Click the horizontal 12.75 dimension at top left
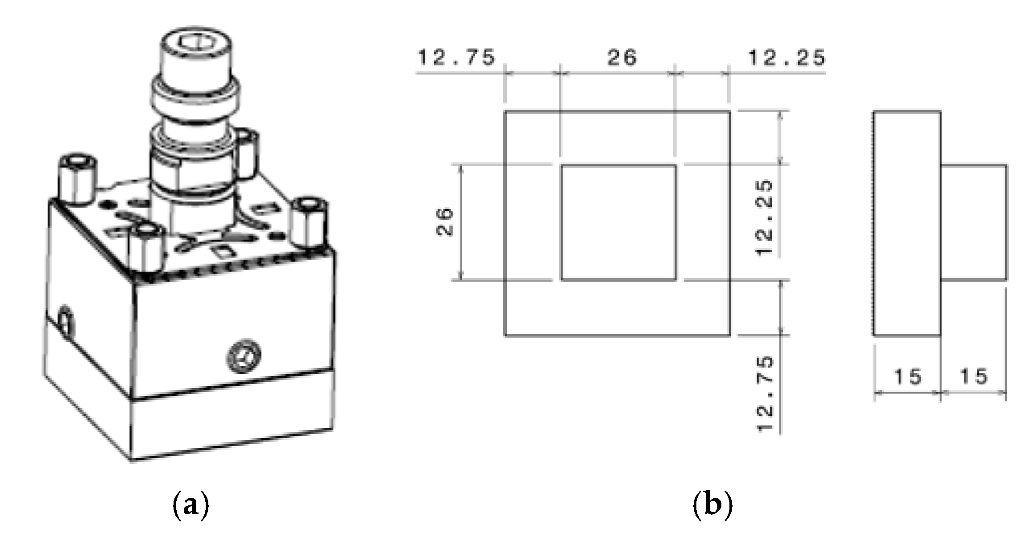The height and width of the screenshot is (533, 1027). click(x=456, y=58)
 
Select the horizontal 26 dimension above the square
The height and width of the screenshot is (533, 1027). click(x=621, y=58)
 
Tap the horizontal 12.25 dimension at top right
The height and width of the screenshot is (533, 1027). click(x=786, y=58)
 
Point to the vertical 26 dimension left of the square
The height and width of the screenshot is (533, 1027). click(x=444, y=222)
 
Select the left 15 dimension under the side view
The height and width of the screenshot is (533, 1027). click(x=907, y=377)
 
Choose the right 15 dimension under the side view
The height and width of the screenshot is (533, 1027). click(x=973, y=377)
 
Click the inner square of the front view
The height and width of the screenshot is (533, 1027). click(x=618, y=222)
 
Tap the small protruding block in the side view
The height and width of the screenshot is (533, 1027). click(x=973, y=222)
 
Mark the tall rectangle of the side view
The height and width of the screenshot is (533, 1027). click(x=907, y=222)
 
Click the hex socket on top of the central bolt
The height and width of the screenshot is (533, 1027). click(x=196, y=43)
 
